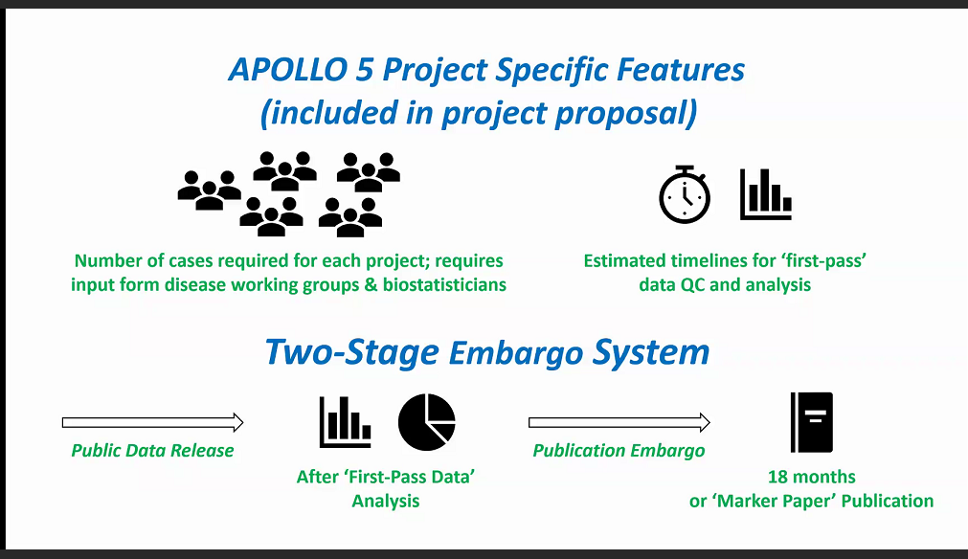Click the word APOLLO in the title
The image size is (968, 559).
point(288,69)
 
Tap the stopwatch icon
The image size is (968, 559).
point(685,194)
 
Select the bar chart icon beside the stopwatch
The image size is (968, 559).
point(766,194)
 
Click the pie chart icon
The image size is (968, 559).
point(427,422)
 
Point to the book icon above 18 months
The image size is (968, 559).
point(812,422)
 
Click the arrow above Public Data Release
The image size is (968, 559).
point(152,423)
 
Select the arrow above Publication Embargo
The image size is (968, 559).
point(619,423)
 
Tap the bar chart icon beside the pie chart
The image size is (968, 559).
point(345,422)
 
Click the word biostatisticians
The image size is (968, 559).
point(444,285)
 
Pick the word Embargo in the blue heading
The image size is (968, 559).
point(516,353)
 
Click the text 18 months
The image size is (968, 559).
point(812,477)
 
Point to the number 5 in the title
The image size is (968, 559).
point(364,70)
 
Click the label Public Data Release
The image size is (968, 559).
point(152,451)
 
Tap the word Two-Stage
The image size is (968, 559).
point(352,352)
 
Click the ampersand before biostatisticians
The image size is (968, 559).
point(371,285)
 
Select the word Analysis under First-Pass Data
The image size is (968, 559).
point(386,501)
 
